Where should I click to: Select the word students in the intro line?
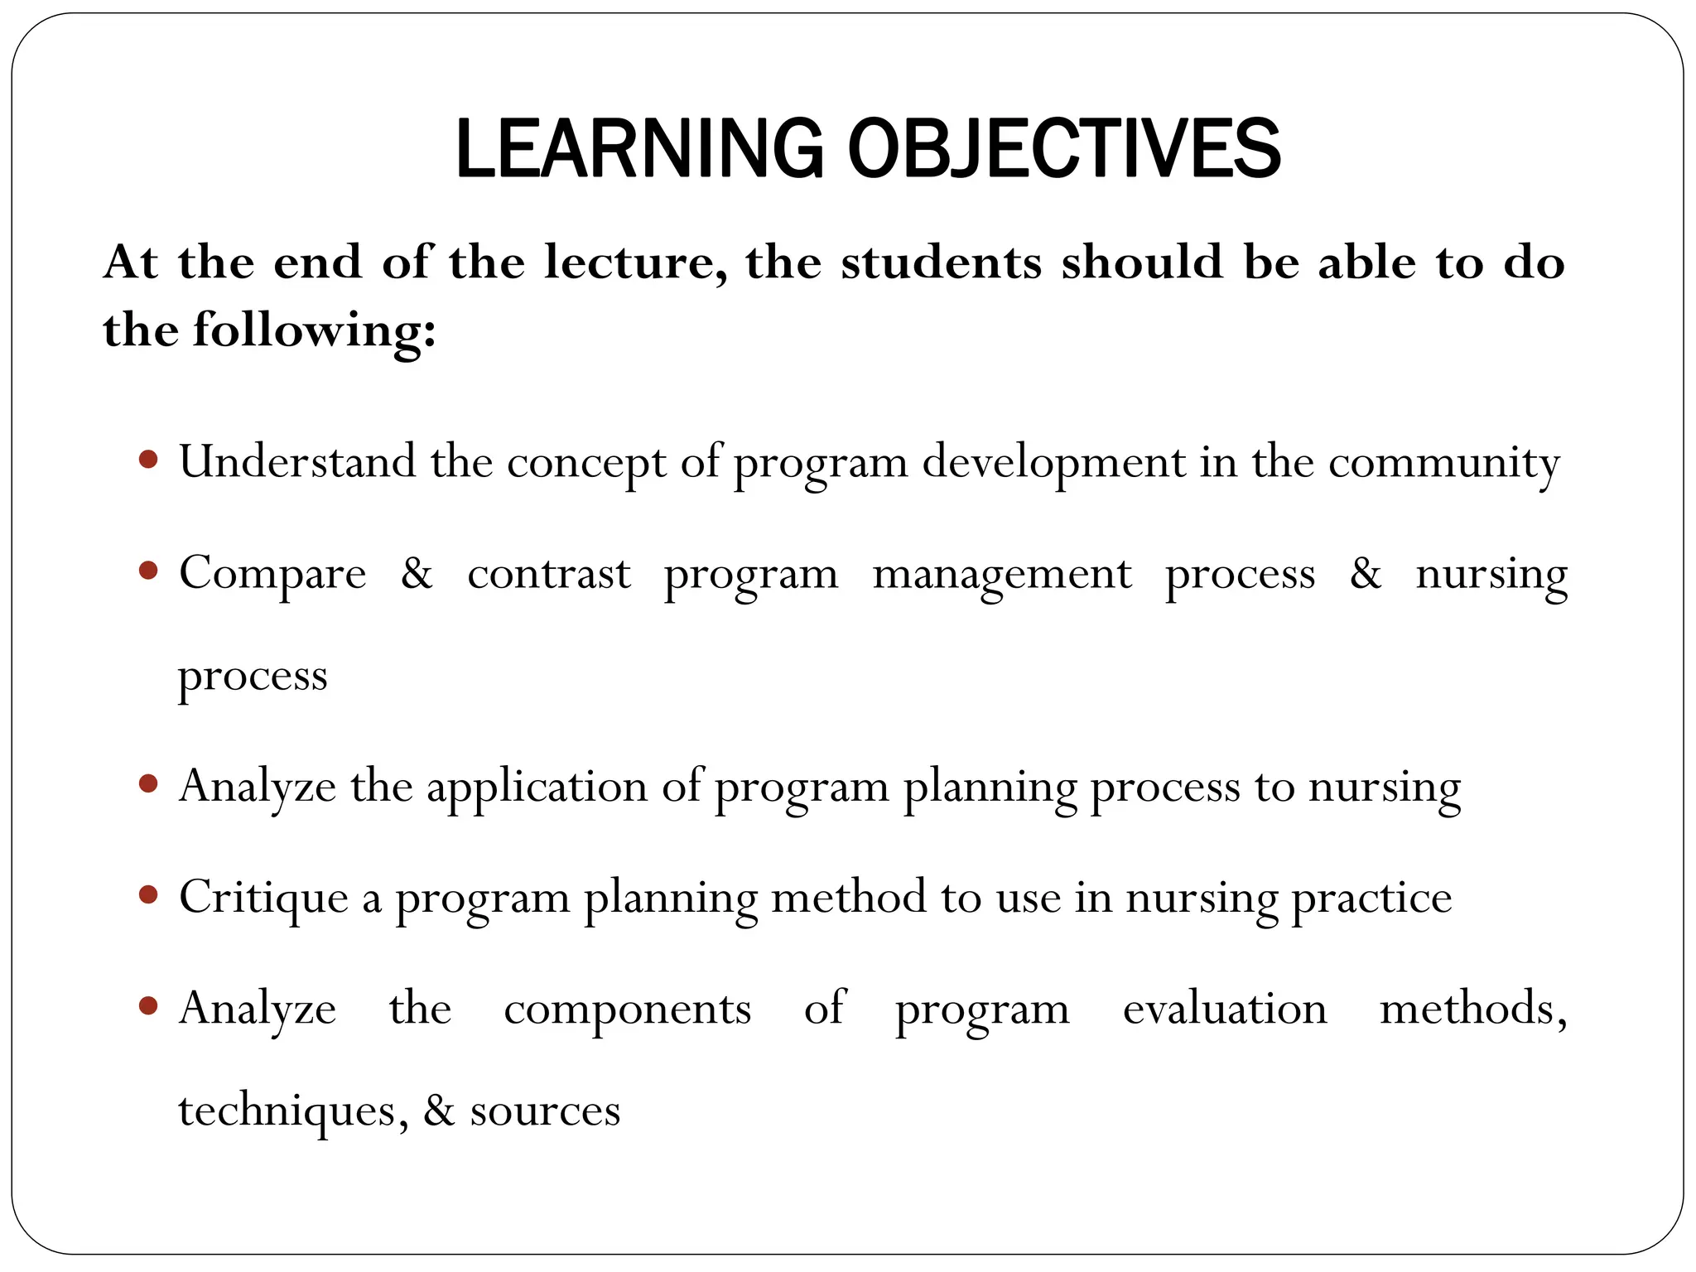pyautogui.click(x=941, y=263)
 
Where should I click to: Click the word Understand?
pyautogui.click(x=297, y=461)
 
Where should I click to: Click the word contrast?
pyautogui.click(x=548, y=574)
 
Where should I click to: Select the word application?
pyautogui.click(x=537, y=787)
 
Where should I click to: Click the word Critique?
pyautogui.click(x=263, y=899)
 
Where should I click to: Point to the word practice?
pyautogui.click(x=1371, y=899)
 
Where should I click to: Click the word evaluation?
pyautogui.click(x=1225, y=1009)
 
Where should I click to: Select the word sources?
pyautogui.click(x=545, y=1111)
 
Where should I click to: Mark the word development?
pyautogui.click(x=1053, y=462)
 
